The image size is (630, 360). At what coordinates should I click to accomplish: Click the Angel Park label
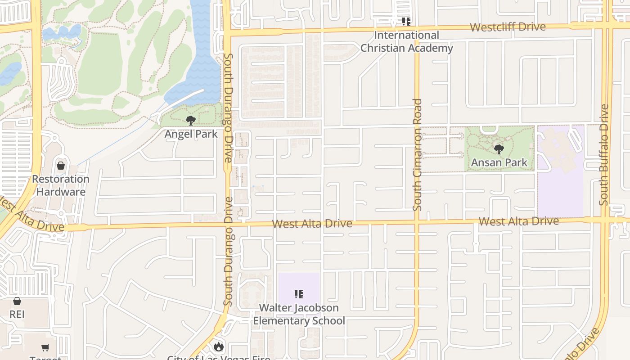(191, 134)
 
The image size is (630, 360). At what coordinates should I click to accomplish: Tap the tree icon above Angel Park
(191, 120)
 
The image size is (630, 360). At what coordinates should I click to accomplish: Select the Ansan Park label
(499, 162)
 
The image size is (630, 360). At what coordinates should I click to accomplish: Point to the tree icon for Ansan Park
(499, 149)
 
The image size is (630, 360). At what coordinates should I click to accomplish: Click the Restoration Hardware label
(61, 185)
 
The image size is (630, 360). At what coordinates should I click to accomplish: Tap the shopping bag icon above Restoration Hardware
(61, 166)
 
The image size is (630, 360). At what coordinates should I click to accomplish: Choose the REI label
(17, 314)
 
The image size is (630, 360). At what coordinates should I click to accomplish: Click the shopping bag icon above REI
(17, 301)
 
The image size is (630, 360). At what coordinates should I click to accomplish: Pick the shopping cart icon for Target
(45, 347)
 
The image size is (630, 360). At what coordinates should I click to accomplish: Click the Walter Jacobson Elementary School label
(299, 314)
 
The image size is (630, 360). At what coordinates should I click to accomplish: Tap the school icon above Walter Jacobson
(299, 294)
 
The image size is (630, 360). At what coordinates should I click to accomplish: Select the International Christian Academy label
(406, 41)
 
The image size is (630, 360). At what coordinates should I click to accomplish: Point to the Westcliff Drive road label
(508, 27)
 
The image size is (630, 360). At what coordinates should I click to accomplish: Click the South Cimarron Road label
(418, 154)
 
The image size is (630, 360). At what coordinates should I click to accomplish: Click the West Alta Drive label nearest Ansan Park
(518, 221)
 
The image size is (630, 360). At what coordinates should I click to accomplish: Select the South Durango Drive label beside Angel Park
(229, 108)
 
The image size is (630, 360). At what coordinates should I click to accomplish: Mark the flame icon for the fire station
(219, 346)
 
